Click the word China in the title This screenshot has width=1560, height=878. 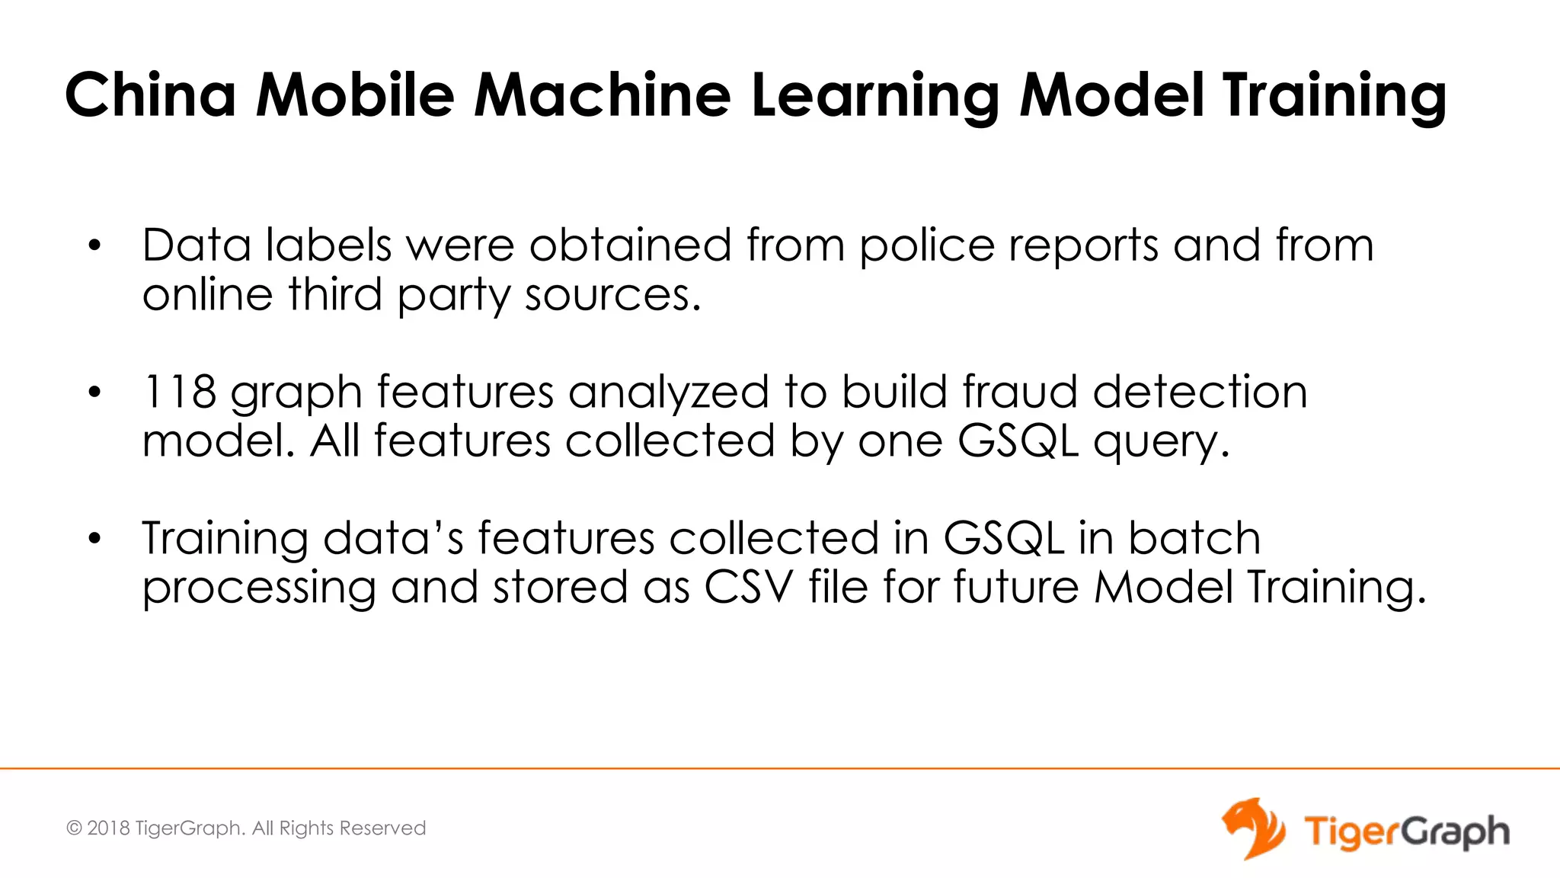[150, 95]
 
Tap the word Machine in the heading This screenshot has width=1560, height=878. [602, 95]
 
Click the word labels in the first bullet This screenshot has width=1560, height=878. [328, 245]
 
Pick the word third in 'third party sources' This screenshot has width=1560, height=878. [335, 294]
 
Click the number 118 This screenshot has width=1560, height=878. [180, 392]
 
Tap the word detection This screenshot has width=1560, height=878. [1200, 392]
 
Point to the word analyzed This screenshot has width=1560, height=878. [668, 393]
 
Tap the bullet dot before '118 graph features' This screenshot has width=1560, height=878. [94, 393]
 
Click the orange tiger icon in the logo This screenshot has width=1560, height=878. [1253, 828]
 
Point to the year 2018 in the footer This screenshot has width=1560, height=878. [108, 828]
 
